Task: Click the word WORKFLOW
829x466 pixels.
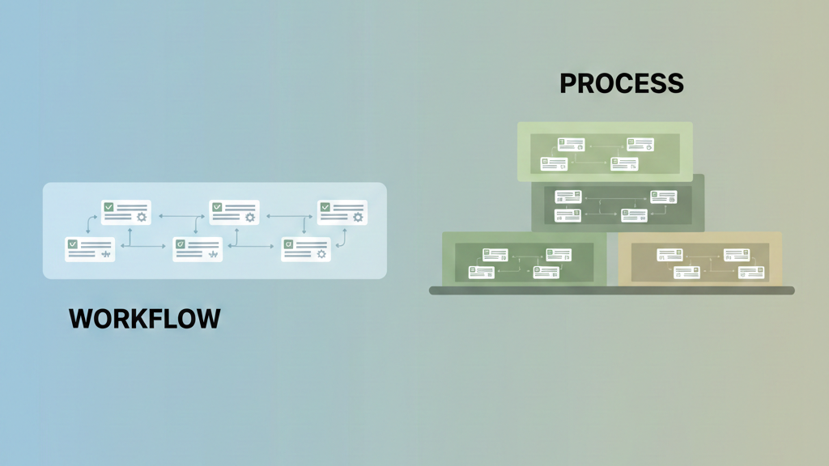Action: coord(144,318)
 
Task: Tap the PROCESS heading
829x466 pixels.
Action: coord(621,83)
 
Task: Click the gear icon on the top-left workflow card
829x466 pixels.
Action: coord(142,217)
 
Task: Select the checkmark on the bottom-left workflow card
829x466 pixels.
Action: coord(73,244)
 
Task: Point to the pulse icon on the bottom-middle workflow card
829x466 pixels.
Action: coord(213,255)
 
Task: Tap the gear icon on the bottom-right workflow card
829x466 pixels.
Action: coord(321,255)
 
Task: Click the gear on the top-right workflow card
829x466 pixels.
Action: coord(358,217)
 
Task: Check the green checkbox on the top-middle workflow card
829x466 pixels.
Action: coord(217,207)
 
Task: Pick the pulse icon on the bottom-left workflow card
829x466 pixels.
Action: coord(105,255)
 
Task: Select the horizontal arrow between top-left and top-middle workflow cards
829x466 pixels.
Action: coord(180,217)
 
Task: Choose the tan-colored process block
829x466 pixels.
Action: coord(700,259)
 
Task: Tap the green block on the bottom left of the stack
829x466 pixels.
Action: coord(525,259)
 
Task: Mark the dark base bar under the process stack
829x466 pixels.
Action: coord(611,290)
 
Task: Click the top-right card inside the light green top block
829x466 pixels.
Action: coord(640,145)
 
